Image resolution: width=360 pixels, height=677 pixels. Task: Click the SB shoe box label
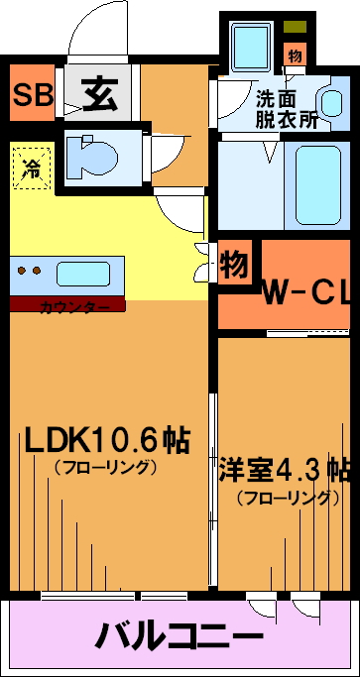[33, 95]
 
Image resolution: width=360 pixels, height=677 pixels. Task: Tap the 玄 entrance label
[100, 94]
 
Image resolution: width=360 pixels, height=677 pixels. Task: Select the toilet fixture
[91, 157]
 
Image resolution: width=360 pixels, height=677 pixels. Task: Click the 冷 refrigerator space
[32, 168]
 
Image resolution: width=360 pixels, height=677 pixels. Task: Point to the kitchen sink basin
[82, 274]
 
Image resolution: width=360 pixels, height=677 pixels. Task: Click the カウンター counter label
[74, 308]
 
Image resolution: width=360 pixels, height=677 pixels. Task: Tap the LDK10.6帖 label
[107, 439]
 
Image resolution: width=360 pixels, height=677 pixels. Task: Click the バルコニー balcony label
[180, 635]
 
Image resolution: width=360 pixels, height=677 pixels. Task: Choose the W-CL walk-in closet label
[306, 294]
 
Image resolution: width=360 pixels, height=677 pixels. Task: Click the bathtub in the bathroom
[318, 184]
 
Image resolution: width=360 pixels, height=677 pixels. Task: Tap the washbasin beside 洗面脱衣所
[332, 103]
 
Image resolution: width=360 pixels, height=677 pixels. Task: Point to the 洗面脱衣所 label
[287, 110]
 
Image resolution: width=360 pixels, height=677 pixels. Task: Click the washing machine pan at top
[252, 47]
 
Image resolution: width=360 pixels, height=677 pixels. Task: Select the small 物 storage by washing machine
[296, 55]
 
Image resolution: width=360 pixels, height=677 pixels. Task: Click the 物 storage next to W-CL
[235, 263]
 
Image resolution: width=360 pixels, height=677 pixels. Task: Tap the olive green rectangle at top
[296, 27]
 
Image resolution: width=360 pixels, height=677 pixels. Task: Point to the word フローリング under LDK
[105, 468]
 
